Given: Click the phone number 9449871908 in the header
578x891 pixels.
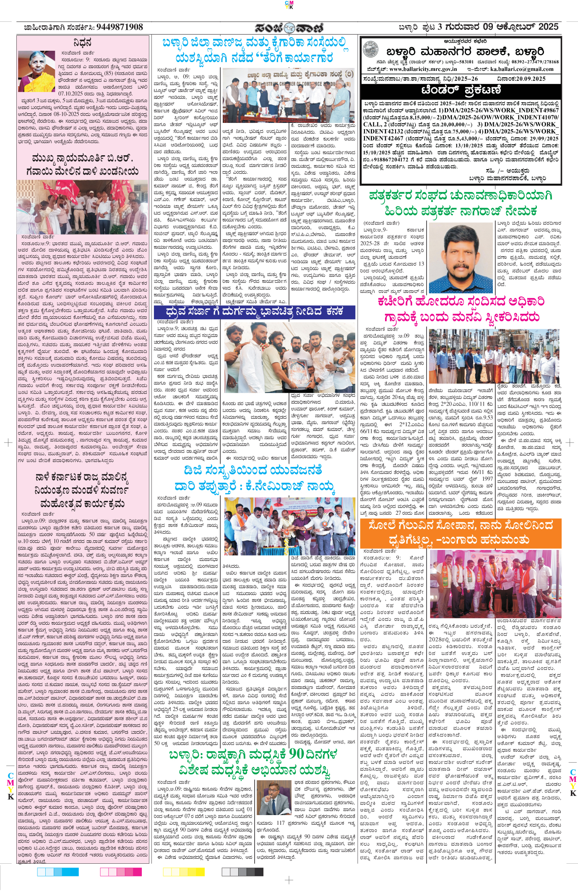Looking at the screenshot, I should (x=120, y=27).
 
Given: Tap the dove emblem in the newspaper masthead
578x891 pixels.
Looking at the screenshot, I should (x=289, y=28).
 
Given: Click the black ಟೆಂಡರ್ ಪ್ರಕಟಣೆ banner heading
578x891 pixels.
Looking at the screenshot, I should (x=461, y=91).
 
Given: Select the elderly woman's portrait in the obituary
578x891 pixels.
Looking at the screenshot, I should (x=36, y=71).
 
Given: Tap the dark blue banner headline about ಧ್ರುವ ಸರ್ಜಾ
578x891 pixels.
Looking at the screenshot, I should (x=254, y=312).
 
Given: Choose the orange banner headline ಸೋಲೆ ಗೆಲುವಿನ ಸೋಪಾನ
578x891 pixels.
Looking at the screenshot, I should (x=460, y=532).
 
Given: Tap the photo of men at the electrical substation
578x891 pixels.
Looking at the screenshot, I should (x=495, y=356).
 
